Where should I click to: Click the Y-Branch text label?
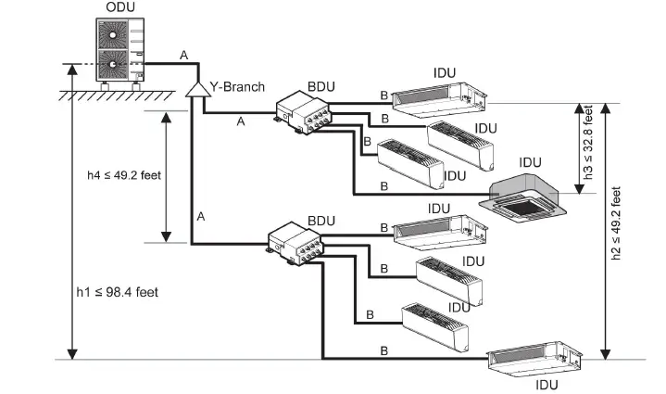[236, 86]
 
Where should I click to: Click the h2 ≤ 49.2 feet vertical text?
[616, 228]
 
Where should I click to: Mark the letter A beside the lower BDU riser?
[200, 216]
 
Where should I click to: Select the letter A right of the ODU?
[183, 57]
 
